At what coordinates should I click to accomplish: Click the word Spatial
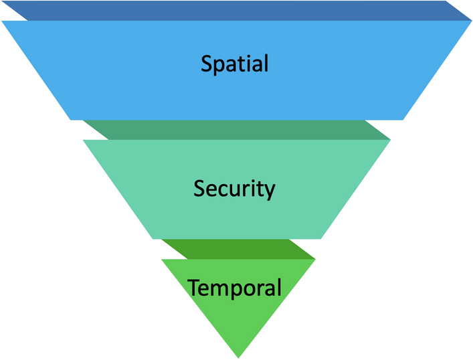234,64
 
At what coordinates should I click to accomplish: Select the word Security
234,189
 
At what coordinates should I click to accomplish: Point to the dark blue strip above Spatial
234,10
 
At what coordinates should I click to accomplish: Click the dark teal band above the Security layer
234,130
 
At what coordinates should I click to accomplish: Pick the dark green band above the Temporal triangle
238,249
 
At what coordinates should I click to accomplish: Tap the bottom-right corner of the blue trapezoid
403,120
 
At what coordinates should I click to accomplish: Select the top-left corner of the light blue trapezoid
2,21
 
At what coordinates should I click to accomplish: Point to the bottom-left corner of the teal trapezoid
161,239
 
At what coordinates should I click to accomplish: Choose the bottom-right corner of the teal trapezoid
322,239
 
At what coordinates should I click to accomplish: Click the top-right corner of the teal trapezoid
390,141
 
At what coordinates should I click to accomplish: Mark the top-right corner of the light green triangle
314,260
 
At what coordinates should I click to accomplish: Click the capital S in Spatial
206,64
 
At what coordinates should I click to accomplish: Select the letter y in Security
269,191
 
